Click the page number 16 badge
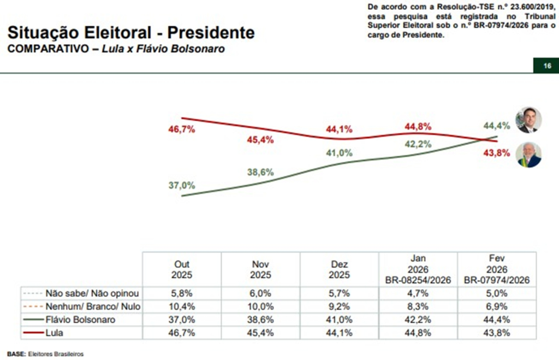pos(547,66)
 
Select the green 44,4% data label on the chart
pos(496,125)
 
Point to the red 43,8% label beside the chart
pos(496,152)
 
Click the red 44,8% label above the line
pos(418,127)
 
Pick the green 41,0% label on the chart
pos(339,154)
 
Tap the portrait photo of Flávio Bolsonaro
pos(528,120)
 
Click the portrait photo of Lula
pos(528,155)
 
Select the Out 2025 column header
pos(182,269)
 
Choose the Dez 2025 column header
pos(339,269)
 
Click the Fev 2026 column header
pos(496,269)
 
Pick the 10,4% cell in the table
pos(182,306)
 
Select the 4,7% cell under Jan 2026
pos(418,293)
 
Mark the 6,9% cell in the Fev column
pos(496,306)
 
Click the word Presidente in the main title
pos(210,32)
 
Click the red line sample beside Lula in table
pos(33,332)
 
